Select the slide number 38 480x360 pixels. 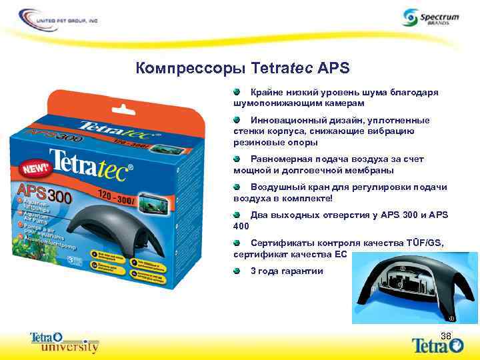[x=446, y=335]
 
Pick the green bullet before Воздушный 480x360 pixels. [x=237, y=187]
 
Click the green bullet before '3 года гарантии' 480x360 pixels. [x=237, y=271]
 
